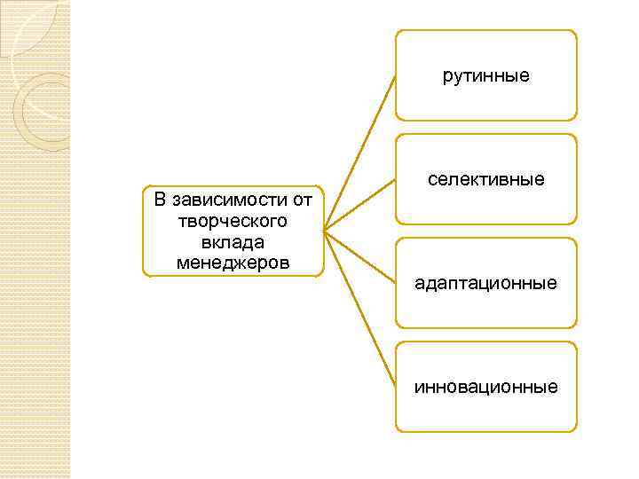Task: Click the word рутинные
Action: click(x=485, y=76)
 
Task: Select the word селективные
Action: click(x=485, y=180)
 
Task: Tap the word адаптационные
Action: click(x=485, y=284)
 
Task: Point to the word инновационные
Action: click(x=485, y=388)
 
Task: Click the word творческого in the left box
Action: click(x=233, y=219)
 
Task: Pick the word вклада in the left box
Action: click(x=233, y=241)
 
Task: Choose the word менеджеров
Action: click(x=233, y=263)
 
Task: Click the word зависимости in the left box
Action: click(x=225, y=198)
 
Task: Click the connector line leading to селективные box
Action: click(x=359, y=206)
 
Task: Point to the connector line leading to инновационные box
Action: click(x=359, y=310)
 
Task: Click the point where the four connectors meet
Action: click(x=325, y=232)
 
